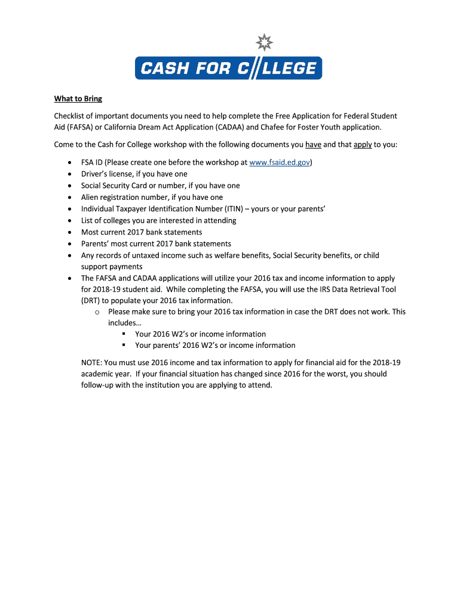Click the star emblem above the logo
pyautogui.click(x=263, y=43)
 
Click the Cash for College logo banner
pyautogui.click(x=228, y=68)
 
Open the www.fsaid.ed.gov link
pyautogui.click(x=280, y=162)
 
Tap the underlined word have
pyautogui.click(x=313, y=145)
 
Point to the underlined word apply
pyautogui.click(x=363, y=145)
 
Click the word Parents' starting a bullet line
pyautogui.click(x=96, y=244)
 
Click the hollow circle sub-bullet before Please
pyautogui.click(x=96, y=312)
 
